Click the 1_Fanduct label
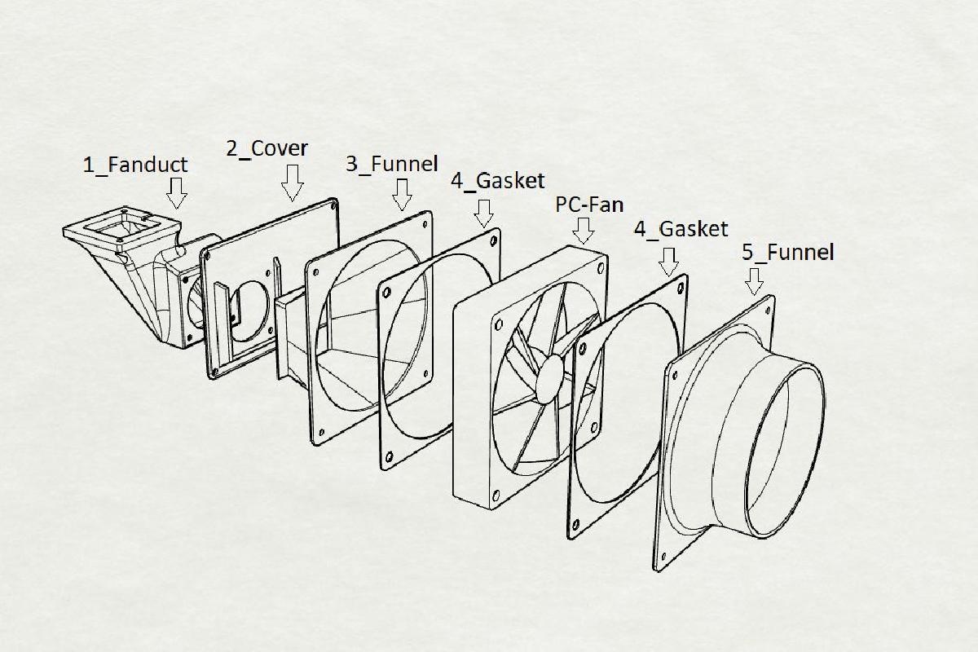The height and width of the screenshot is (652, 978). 135,165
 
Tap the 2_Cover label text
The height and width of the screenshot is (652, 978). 267,148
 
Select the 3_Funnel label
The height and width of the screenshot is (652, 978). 392,163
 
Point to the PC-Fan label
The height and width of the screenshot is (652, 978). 589,205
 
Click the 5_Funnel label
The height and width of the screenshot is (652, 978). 788,253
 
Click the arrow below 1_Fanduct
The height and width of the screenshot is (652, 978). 177,193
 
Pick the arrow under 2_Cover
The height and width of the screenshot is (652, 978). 292,183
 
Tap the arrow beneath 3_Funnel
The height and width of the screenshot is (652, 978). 402,195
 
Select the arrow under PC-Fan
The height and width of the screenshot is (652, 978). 584,231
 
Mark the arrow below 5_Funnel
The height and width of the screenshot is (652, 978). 754,282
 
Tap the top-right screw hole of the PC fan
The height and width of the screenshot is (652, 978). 601,267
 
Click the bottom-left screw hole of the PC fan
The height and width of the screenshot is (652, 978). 496,496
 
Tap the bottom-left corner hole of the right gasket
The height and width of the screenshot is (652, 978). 575,525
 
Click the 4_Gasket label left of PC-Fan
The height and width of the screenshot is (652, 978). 498,181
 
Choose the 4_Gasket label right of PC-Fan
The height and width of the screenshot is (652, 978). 681,229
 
